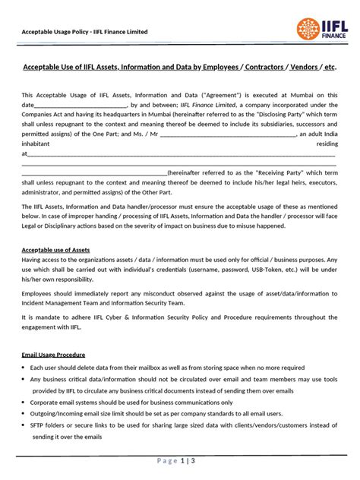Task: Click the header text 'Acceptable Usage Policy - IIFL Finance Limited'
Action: tap(84, 32)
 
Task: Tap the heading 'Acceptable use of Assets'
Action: tap(56, 249)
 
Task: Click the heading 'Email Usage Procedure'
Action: tap(53, 355)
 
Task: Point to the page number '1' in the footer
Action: tap(183, 461)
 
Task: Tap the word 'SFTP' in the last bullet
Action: tap(38, 427)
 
